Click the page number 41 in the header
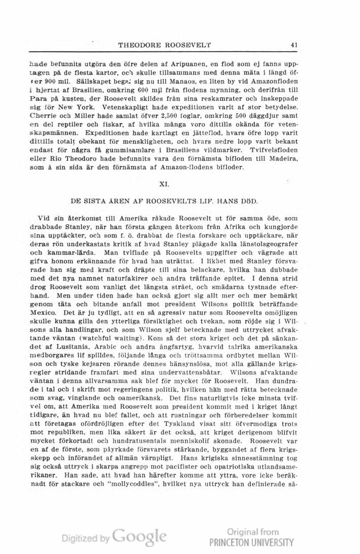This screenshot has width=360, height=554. point(293,45)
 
